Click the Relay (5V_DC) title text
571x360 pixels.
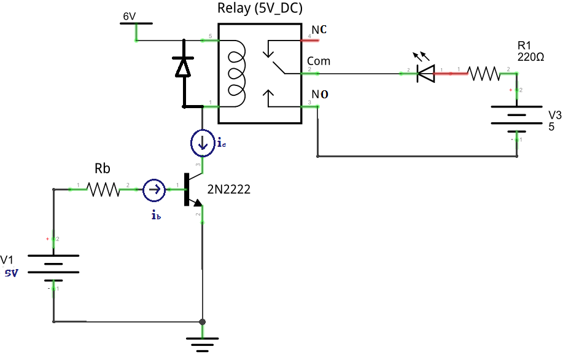(x=260, y=9)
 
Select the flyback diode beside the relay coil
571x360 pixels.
(x=183, y=66)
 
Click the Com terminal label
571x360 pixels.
(x=319, y=61)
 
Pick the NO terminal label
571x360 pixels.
(x=320, y=94)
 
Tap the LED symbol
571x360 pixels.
(x=425, y=73)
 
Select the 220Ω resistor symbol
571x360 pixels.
(x=484, y=74)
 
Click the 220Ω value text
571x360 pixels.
(x=531, y=57)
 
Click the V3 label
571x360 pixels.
(x=554, y=115)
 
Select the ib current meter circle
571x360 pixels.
(x=154, y=190)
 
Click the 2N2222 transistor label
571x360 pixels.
(x=229, y=190)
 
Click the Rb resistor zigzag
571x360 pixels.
(x=104, y=190)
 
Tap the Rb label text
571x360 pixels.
(x=103, y=169)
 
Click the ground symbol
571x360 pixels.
(x=202, y=343)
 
